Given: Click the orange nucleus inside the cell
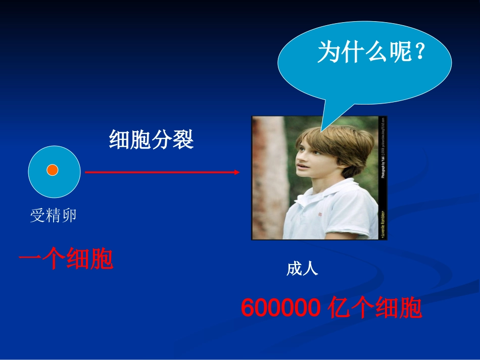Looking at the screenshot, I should tap(53, 170).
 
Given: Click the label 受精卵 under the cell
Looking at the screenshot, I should tap(53, 216).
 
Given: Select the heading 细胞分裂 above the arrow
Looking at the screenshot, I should tap(151, 140).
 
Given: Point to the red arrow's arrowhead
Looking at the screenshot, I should tap(236, 172).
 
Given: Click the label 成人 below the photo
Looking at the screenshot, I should tap(302, 269).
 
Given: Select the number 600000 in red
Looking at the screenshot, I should tap(280, 308).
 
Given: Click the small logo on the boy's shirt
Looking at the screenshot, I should tap(319, 215).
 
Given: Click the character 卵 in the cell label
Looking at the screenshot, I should tap(69, 216).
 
